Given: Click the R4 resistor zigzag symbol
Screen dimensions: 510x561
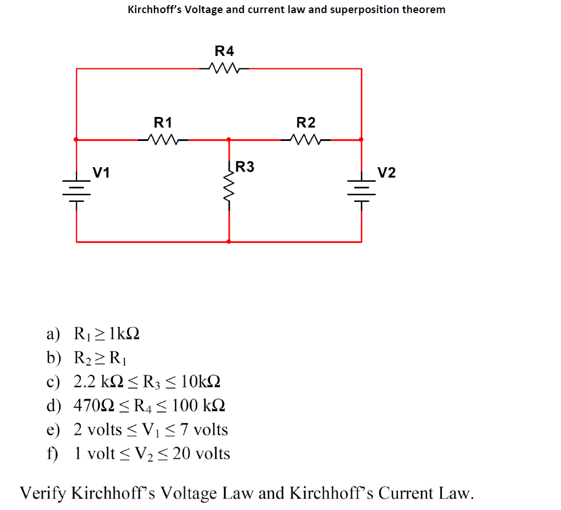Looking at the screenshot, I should coord(224,68).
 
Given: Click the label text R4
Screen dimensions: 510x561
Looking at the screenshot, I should coord(224,51).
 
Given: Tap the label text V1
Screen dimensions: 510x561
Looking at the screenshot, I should coord(102,172).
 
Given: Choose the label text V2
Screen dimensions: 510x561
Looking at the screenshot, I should coord(386,172).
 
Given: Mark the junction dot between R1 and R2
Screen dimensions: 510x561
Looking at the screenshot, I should coord(229,139).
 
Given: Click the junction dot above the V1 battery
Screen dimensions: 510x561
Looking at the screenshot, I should coord(76,139).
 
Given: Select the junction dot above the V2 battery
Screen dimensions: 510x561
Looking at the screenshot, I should coord(361,139).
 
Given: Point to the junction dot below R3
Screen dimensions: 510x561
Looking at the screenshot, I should coord(229,242).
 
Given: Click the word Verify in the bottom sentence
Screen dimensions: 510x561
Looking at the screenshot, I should coord(42,493).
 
